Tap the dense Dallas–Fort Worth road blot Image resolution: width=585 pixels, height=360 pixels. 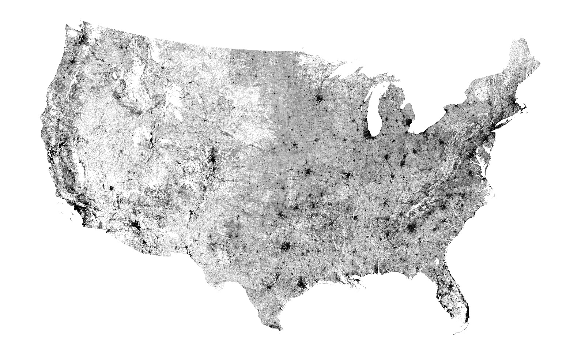(x=286, y=248)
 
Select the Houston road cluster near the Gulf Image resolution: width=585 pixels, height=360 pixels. (x=301, y=283)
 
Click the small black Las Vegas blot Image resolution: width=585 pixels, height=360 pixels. (x=111, y=188)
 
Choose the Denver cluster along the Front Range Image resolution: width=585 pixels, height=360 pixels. (x=212, y=158)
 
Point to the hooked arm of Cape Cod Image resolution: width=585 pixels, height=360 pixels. (x=526, y=106)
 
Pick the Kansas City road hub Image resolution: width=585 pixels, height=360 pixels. (x=308, y=172)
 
